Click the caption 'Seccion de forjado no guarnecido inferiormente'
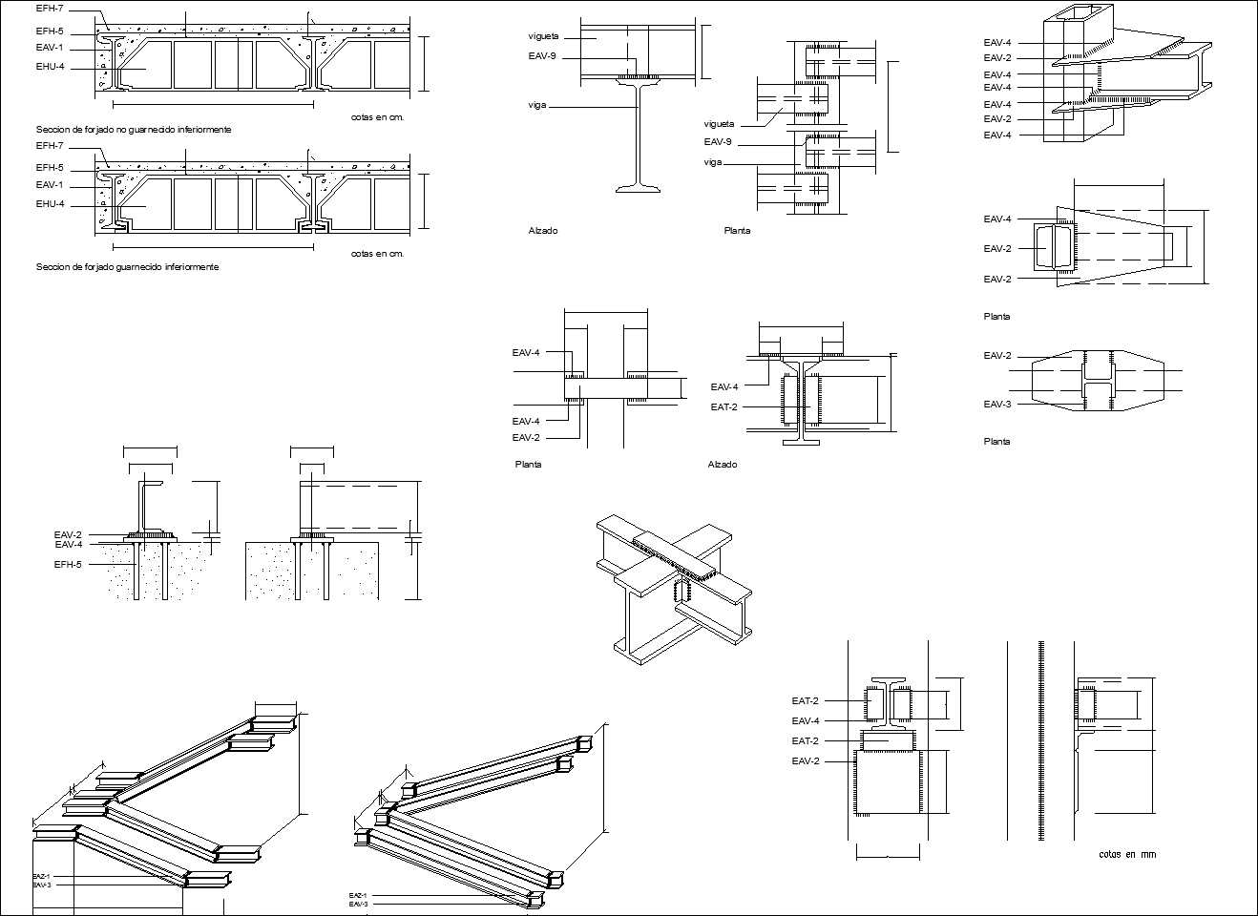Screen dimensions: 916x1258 (134, 129)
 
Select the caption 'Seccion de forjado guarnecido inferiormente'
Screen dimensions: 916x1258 (127, 267)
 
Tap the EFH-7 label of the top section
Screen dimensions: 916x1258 (50, 9)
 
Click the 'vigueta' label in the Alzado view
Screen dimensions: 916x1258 (543, 36)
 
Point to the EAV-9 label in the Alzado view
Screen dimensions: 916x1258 (541, 56)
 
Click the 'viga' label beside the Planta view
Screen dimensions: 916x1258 (712, 162)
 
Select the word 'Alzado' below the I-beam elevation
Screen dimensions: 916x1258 (543, 231)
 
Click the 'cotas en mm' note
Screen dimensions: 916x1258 (1127, 854)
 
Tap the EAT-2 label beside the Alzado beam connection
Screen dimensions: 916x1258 (723, 406)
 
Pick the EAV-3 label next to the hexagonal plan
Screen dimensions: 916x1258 (996, 405)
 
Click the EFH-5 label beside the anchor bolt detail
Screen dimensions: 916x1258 (68, 565)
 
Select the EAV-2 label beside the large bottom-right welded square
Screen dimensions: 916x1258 (805, 760)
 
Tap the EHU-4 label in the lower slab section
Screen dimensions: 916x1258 (50, 203)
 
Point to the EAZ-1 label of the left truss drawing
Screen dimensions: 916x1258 (41, 875)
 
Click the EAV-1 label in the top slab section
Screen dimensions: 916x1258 (50, 47)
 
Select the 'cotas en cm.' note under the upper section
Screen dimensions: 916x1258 (377, 117)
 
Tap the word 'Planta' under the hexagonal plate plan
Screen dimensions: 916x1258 (996, 442)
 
